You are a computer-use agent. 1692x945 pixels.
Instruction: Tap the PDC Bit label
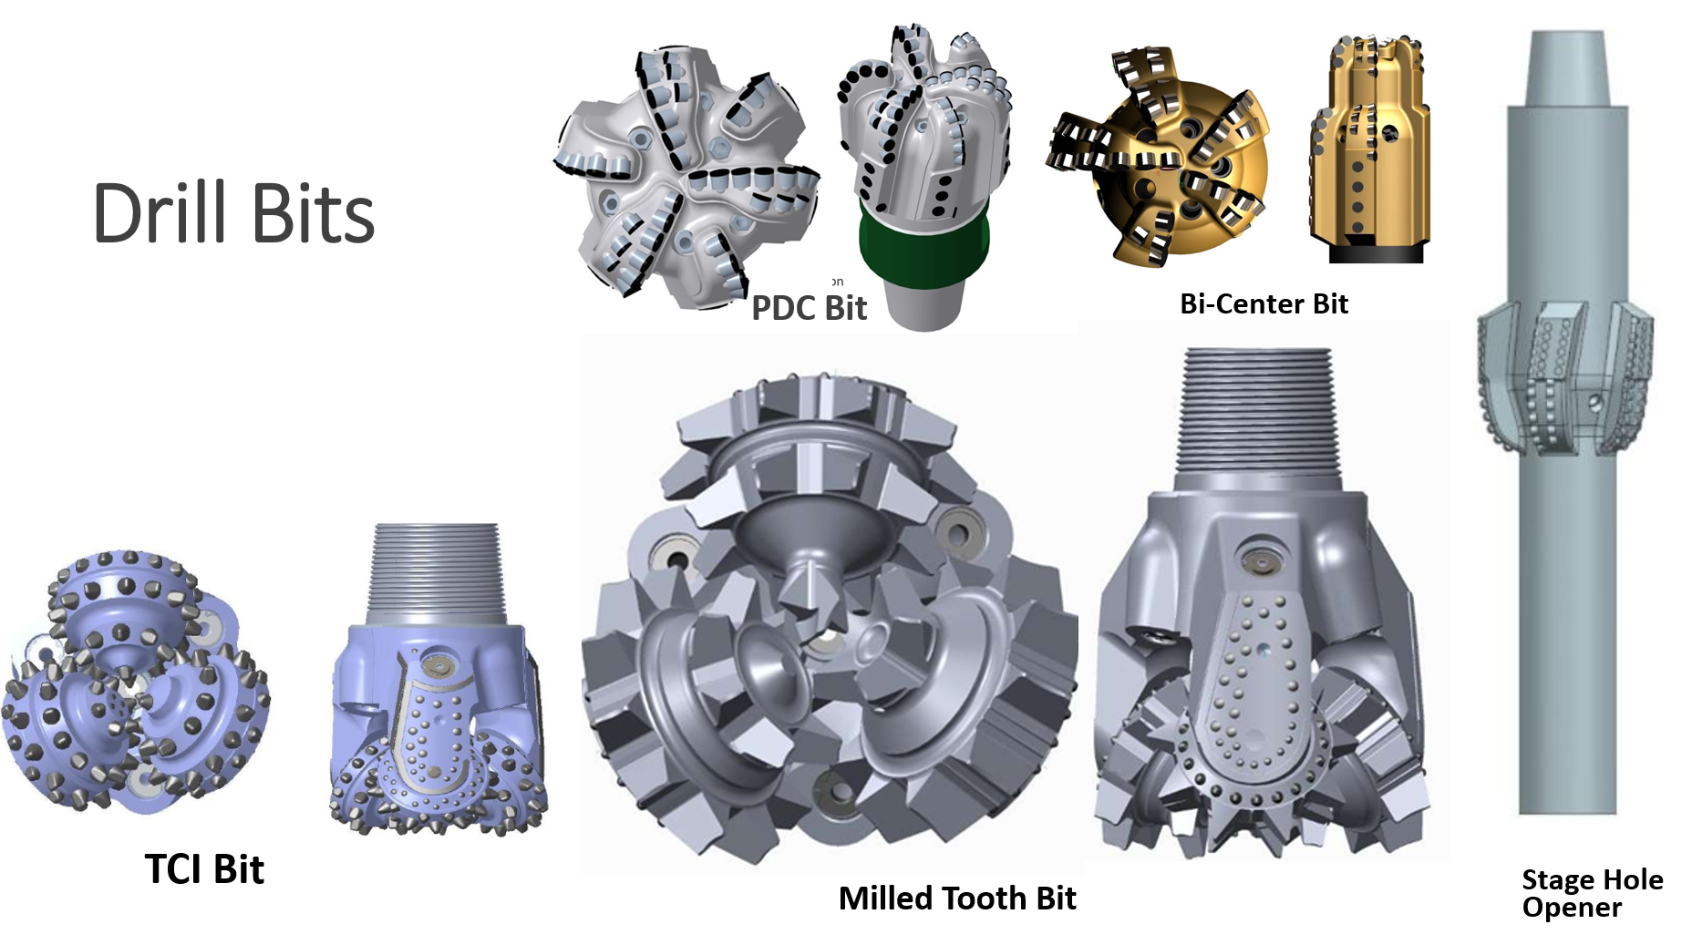tap(809, 308)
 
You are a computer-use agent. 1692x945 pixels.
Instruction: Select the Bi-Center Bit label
tap(1264, 303)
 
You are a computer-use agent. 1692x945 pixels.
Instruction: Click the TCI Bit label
tap(204, 869)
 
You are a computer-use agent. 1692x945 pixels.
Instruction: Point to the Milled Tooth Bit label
tap(957, 899)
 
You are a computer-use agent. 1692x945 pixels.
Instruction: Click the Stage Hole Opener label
tap(1592, 894)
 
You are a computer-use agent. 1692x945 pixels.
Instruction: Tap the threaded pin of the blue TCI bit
tap(435, 574)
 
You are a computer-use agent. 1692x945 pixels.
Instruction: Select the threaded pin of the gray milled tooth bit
tap(1255, 418)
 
